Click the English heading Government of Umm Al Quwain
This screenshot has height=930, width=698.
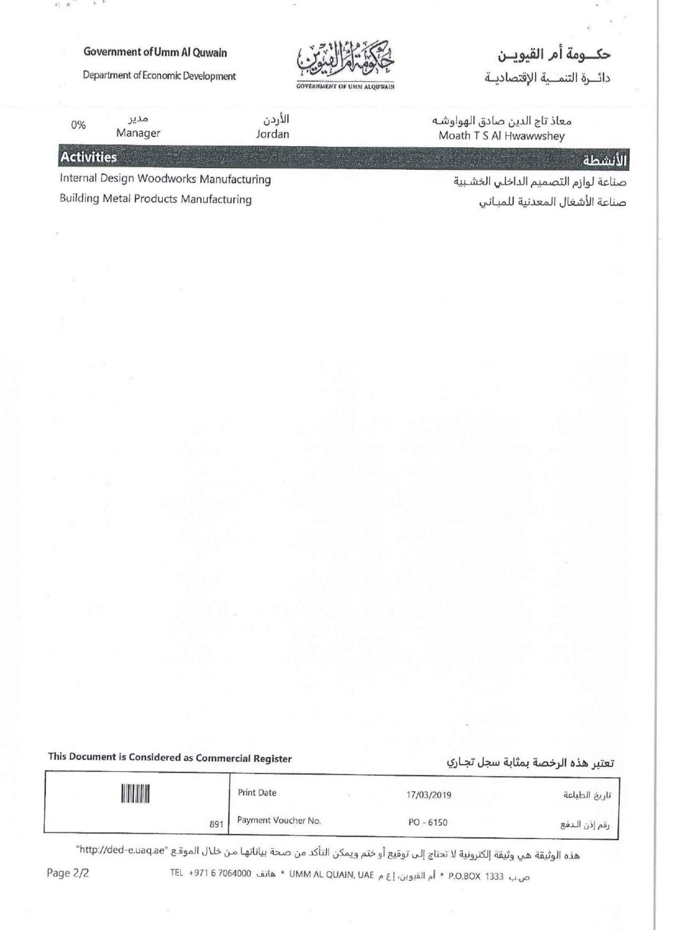pyautogui.click(x=155, y=53)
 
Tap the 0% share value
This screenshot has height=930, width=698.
pyautogui.click(x=78, y=125)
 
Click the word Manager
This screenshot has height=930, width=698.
pyautogui.click(x=138, y=133)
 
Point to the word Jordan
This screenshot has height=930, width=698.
pyautogui.click(x=273, y=134)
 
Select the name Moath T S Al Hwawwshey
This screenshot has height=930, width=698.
pyautogui.click(x=502, y=136)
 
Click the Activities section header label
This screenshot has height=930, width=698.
pyautogui.click(x=88, y=158)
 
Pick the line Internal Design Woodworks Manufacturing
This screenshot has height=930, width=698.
pyautogui.click(x=165, y=179)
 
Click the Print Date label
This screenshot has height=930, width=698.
pyautogui.click(x=257, y=793)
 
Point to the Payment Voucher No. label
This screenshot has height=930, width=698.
pyautogui.click(x=279, y=820)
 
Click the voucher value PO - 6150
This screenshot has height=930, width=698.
pyautogui.click(x=428, y=822)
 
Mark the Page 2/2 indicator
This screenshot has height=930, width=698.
pyautogui.click(x=68, y=873)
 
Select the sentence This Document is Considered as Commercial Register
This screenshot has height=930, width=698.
pyautogui.click(x=170, y=758)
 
